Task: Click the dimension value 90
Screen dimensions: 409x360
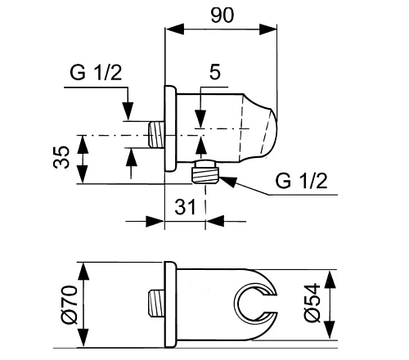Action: [222, 15]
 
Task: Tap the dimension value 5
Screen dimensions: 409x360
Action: [215, 72]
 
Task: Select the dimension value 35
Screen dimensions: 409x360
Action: [61, 157]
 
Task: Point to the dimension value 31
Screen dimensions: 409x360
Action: [185, 206]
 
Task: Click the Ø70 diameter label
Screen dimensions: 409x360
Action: [70, 304]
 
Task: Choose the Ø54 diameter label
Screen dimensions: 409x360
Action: [312, 303]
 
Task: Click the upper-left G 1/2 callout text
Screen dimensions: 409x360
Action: [96, 72]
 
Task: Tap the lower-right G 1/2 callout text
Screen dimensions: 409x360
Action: [301, 181]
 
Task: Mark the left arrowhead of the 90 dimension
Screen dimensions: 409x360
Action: [175, 29]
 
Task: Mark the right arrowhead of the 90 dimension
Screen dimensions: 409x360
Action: [267, 29]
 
